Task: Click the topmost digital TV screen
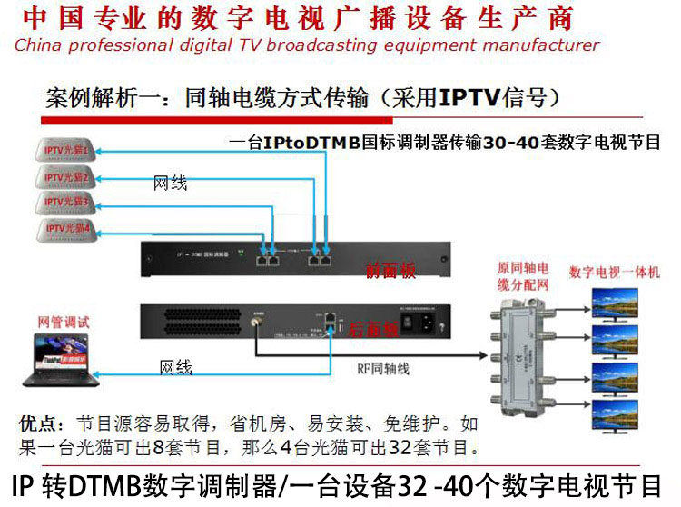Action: click(x=615, y=303)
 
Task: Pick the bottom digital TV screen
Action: click(x=615, y=414)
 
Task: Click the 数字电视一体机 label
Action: click(x=615, y=272)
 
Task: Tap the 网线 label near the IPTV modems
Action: click(x=171, y=183)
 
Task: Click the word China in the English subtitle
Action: click(x=39, y=45)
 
